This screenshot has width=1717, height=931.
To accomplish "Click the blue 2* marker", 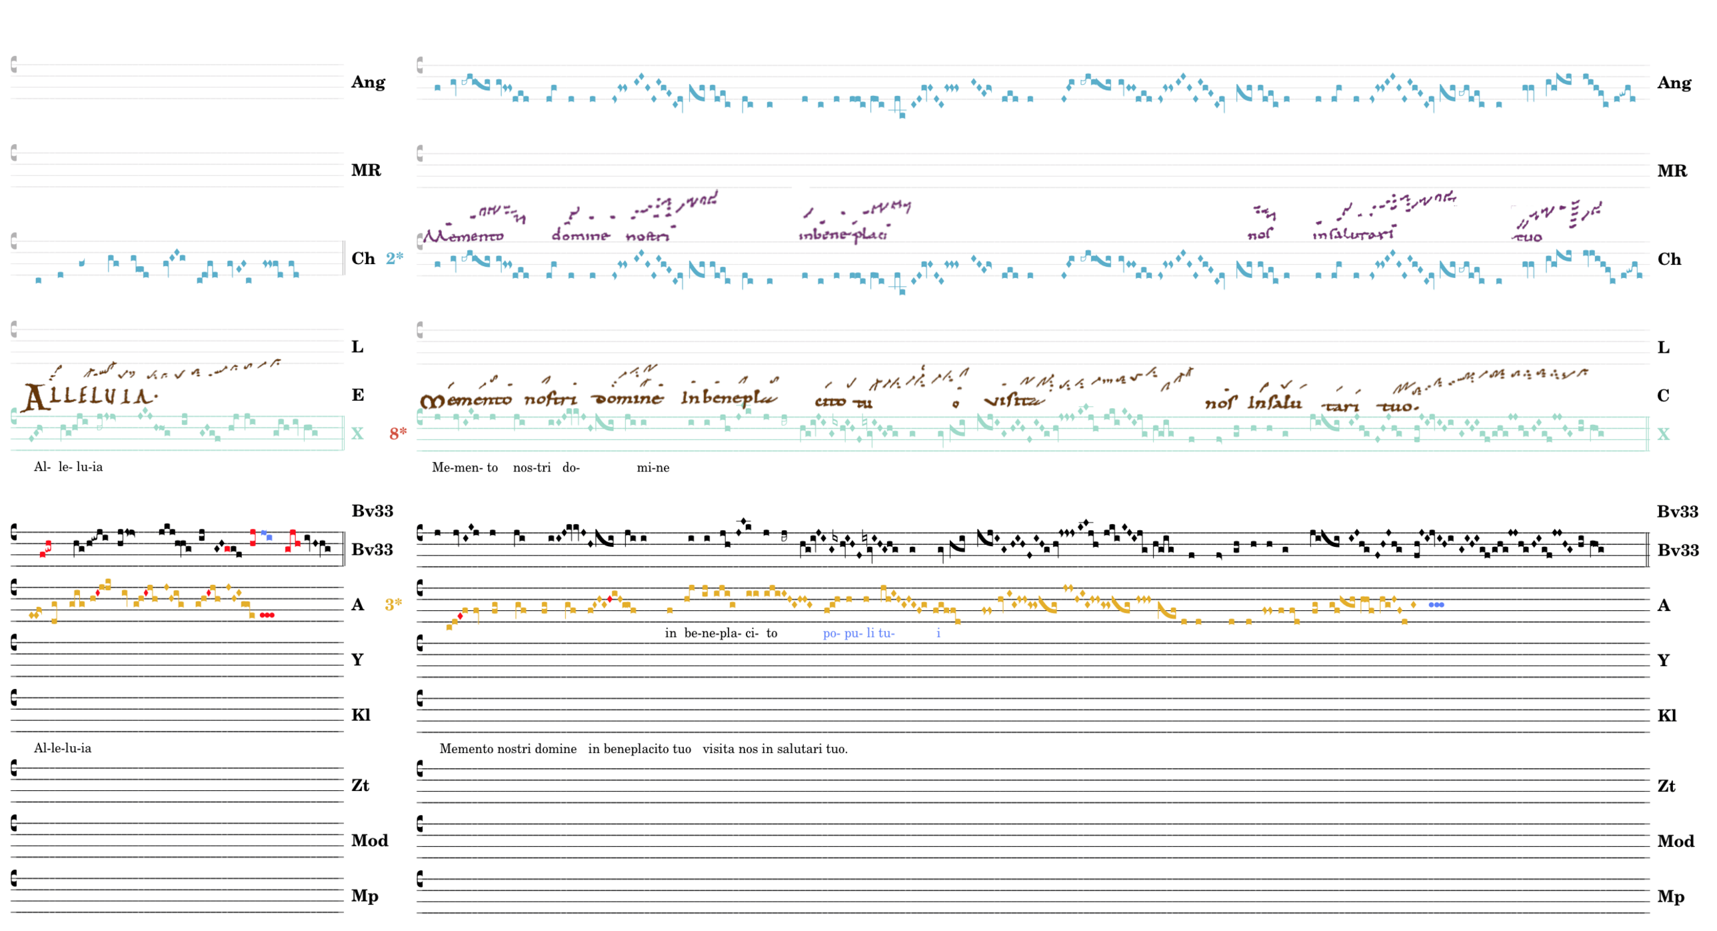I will coord(395,258).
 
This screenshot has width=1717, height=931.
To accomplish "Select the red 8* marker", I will coord(398,434).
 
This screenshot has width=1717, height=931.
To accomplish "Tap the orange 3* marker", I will coord(394,605).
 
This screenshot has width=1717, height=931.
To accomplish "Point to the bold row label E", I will coord(358,395).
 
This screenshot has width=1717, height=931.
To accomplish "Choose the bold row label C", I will coord(1663,396).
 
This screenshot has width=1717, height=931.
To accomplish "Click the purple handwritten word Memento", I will coord(465,236).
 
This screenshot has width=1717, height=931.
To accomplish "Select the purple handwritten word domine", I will coord(581,235).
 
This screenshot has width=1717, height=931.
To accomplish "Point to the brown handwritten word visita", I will coord(1014,401).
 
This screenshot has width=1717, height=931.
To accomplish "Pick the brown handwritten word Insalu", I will coord(1274,403).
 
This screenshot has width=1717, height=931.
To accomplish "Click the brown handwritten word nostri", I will coord(551,399).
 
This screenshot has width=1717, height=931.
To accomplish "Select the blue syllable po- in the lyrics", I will coord(831,634).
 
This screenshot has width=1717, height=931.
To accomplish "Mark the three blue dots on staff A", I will coord(1436,605).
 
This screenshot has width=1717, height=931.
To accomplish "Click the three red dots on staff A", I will coord(267,615).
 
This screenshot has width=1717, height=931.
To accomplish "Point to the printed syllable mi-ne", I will coord(653,468).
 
